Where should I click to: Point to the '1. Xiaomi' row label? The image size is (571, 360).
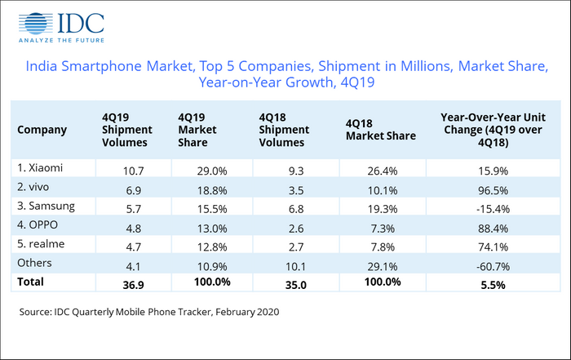point(42,168)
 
